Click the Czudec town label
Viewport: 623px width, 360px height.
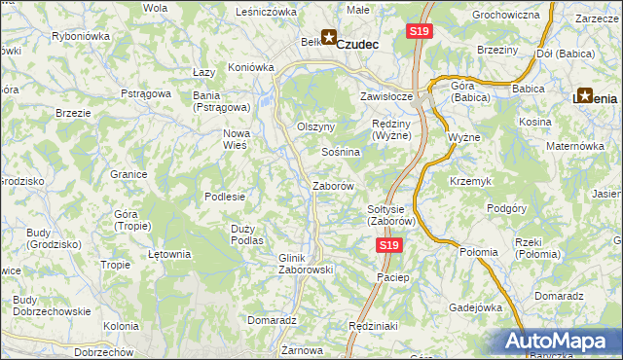[372, 44]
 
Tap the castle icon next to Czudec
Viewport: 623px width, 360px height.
[329, 39]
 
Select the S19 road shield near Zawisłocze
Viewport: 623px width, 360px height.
[419, 32]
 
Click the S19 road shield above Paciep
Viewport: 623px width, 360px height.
[388, 247]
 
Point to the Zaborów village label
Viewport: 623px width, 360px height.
[332, 185]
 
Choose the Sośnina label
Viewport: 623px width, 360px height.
[342, 153]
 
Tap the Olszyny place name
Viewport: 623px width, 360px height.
[315, 126]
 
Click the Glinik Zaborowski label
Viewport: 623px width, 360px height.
[306, 263]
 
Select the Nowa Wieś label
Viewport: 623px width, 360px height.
[237, 138]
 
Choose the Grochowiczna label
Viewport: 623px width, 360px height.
[505, 16]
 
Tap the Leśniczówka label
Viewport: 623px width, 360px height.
[266, 12]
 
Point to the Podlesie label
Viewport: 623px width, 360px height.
[224, 196]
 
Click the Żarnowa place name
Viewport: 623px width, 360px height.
[301, 349]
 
